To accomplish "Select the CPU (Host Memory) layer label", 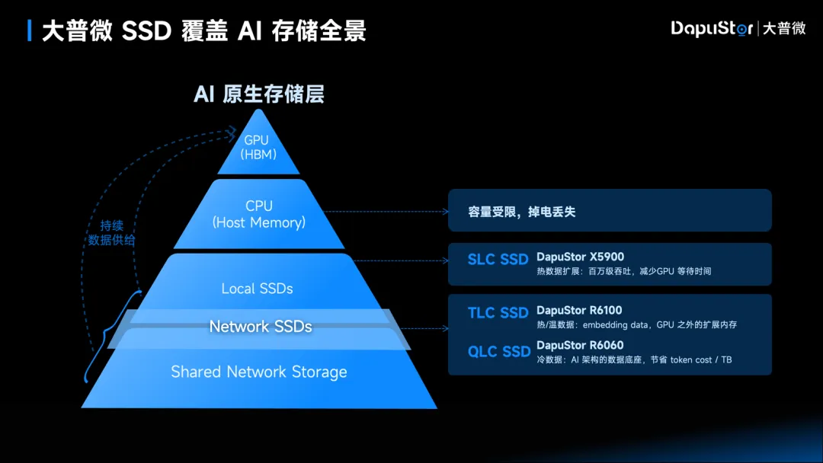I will (259, 214).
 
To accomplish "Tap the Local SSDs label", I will (257, 289).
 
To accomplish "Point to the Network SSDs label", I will (261, 326).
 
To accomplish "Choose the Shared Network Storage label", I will (259, 372).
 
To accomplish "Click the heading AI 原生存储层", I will (259, 94).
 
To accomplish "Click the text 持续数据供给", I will (112, 233).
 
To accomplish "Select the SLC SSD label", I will (498, 260).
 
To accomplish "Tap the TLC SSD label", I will (498, 313).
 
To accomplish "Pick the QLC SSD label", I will (499, 351).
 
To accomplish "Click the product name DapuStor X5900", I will (580, 257).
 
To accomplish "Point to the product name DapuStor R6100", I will (579, 310).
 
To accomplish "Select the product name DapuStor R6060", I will (580, 345).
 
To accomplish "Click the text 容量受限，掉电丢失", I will (522, 212).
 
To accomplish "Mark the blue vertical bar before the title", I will (29, 30).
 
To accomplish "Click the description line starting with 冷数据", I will (634, 359).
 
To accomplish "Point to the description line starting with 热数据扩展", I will (623, 271).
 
